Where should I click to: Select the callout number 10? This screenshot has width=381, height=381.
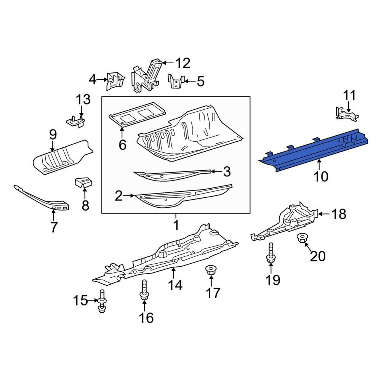click(x=320, y=176)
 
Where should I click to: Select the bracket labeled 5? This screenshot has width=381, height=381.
click(x=176, y=82)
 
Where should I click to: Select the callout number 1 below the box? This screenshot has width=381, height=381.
click(x=176, y=226)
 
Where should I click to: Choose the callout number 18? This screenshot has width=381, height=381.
click(x=338, y=215)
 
